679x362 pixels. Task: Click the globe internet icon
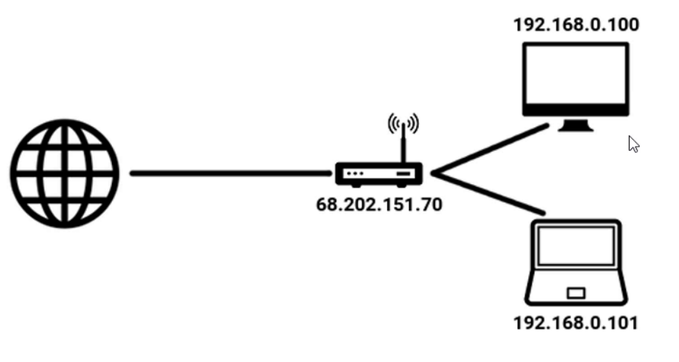click(64, 173)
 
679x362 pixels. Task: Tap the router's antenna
click(403, 145)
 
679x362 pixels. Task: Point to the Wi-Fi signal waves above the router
click(403, 123)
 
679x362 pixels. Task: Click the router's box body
click(379, 174)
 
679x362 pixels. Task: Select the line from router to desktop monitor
click(491, 149)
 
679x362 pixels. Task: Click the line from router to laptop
click(491, 193)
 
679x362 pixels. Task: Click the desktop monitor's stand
click(575, 126)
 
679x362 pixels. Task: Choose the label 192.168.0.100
click(576, 25)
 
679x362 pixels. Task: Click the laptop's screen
click(575, 246)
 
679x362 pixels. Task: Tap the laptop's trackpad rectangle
click(576, 292)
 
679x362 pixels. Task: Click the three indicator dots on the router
click(353, 174)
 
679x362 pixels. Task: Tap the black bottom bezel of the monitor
click(575, 110)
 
